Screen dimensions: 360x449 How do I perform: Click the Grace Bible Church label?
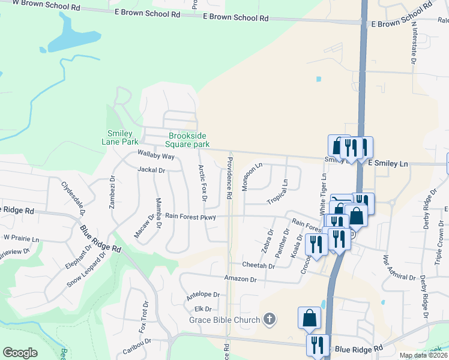(224, 320)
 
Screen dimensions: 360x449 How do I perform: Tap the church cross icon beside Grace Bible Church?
(270, 319)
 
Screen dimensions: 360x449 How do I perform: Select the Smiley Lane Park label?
(124, 137)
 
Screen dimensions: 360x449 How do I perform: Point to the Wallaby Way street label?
(155, 156)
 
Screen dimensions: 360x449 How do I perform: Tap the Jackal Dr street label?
(151, 170)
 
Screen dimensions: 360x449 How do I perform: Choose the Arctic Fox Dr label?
(202, 183)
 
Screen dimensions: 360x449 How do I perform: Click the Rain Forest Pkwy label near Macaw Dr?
(190, 216)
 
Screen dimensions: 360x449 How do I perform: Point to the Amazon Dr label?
(240, 279)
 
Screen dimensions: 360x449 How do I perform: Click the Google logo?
(20, 352)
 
